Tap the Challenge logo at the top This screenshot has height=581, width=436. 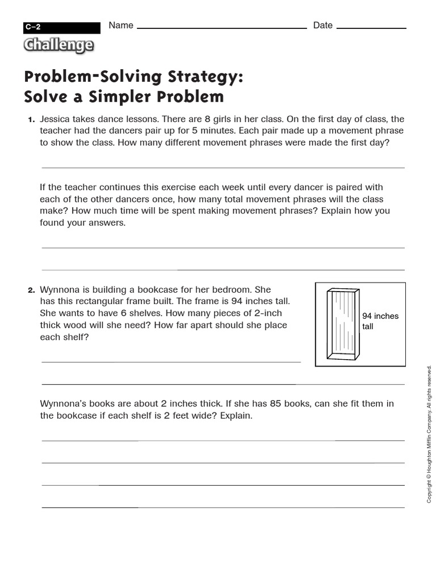pos(58,45)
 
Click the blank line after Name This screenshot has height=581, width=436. pos(221,27)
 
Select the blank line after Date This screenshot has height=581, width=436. pos(372,27)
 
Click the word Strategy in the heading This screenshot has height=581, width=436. pos(205,77)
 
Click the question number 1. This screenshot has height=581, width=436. pos(31,120)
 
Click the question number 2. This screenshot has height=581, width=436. pos(31,290)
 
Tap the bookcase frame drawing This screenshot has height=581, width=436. pos(343,324)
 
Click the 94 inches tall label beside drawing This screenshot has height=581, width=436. pos(380,321)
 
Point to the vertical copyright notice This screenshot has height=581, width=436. pos(429,433)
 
